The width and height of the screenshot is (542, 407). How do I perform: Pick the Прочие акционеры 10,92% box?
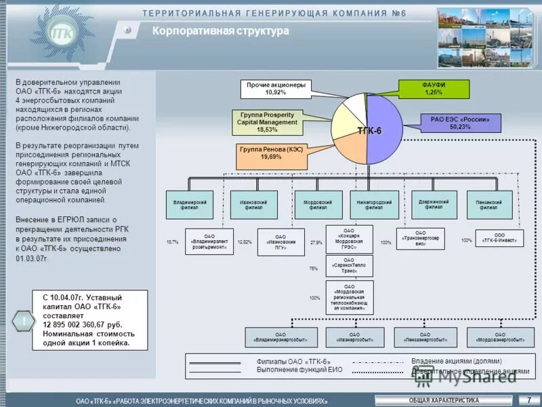[x=276, y=88]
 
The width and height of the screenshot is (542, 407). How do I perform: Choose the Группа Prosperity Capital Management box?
[x=266, y=122]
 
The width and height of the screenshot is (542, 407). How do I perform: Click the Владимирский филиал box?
[x=190, y=205]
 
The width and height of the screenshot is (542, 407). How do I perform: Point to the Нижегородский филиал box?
[x=374, y=205]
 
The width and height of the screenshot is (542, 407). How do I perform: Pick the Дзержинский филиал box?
[x=434, y=204]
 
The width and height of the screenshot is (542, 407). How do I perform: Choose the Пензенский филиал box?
[x=489, y=205]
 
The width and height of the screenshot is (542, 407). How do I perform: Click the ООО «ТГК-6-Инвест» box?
[x=500, y=238]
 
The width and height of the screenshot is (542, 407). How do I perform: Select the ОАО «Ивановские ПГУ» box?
[x=280, y=242]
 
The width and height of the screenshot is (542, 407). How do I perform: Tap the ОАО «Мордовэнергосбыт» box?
[x=499, y=337]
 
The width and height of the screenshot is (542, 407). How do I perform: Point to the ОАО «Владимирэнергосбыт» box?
[x=280, y=337]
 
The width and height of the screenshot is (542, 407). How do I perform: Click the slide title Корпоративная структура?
[x=220, y=31]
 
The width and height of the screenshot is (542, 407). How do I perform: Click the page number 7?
[x=528, y=400]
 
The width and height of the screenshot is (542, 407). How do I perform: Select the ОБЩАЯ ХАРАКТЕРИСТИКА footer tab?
[x=444, y=400]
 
